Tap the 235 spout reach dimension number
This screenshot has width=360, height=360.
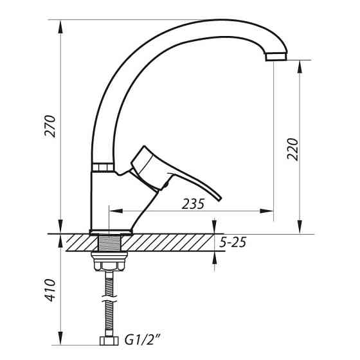[x=193, y=204]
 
